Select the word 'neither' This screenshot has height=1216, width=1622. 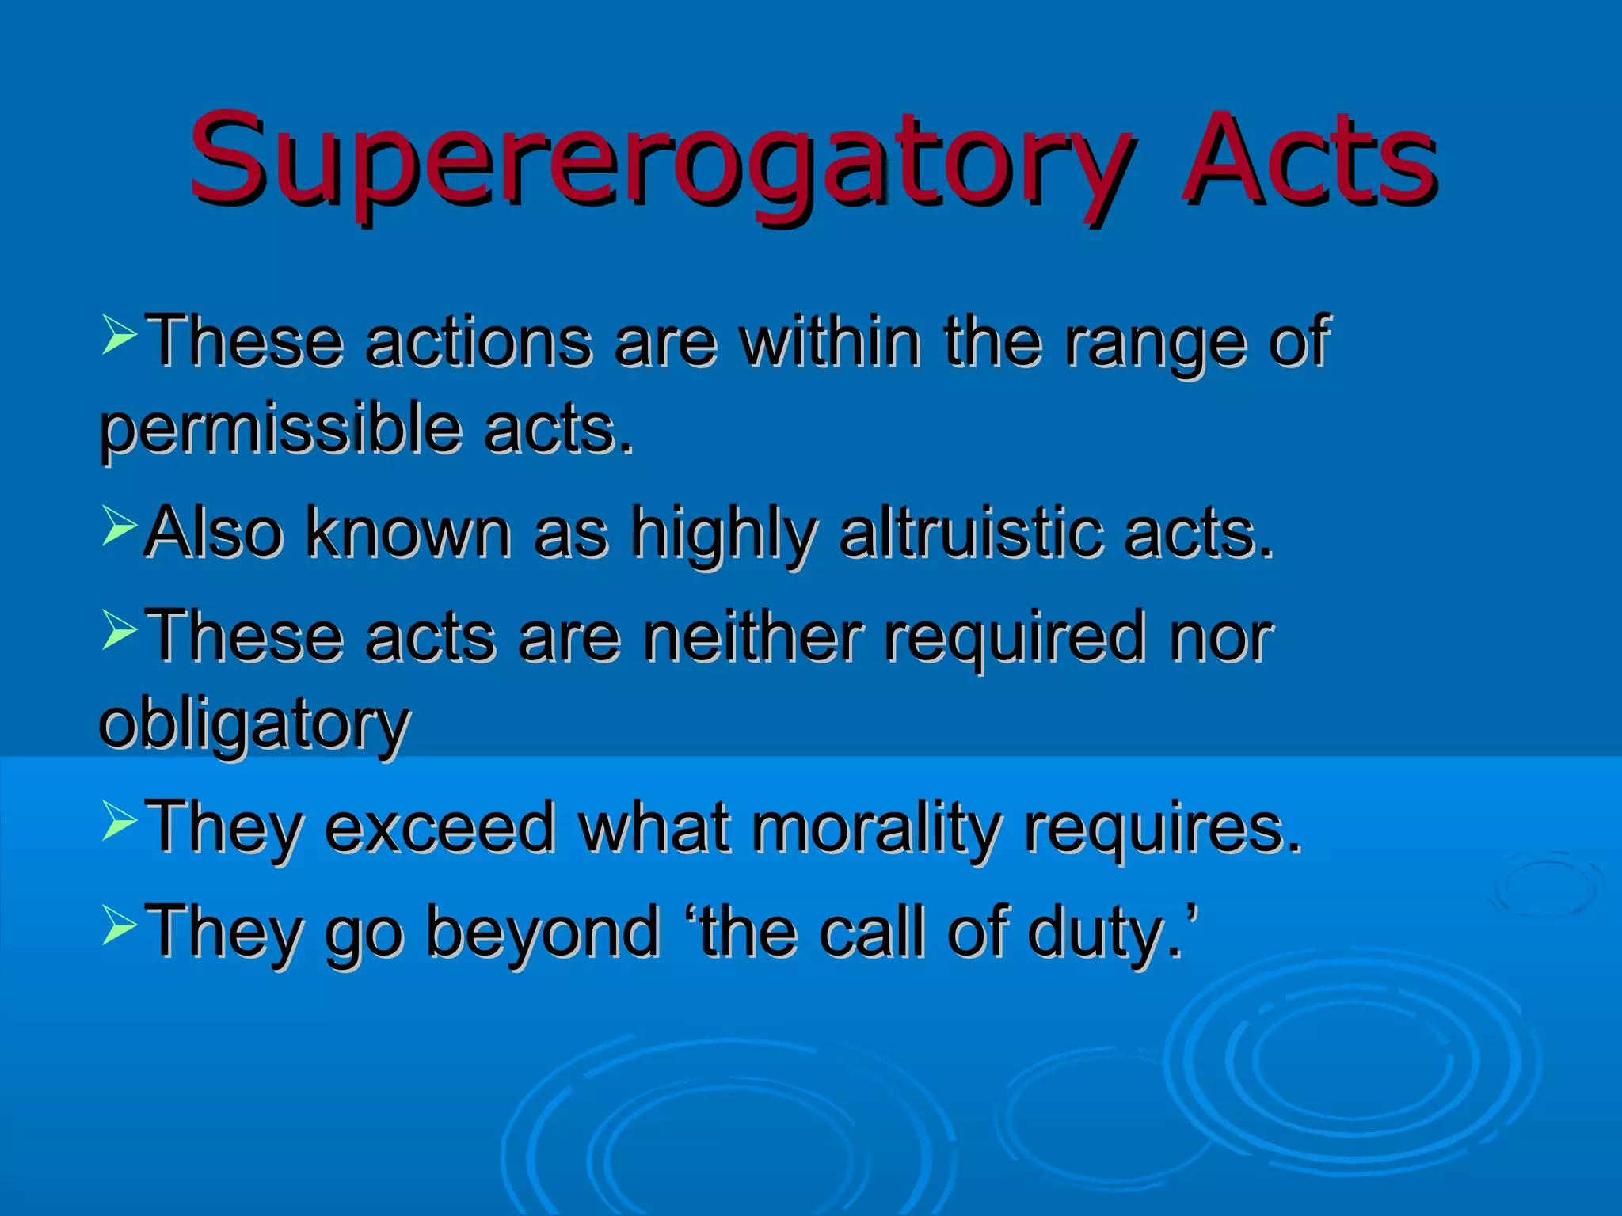pyautogui.click(x=752, y=636)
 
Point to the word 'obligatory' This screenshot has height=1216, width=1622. pyautogui.click(x=254, y=725)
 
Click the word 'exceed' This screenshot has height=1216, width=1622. pyautogui.click(x=440, y=828)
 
